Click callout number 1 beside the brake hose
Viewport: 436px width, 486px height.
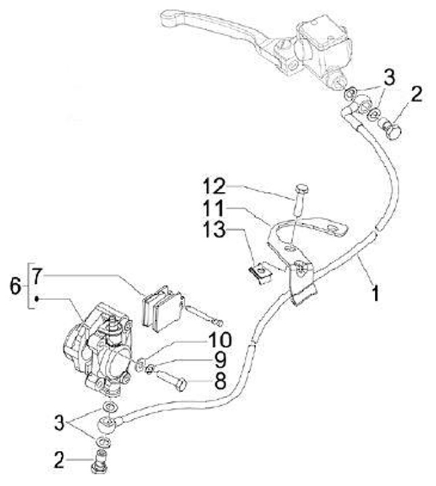pos(375,294)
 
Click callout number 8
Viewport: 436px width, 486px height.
pos(218,381)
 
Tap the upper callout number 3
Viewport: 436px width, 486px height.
pos(389,77)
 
